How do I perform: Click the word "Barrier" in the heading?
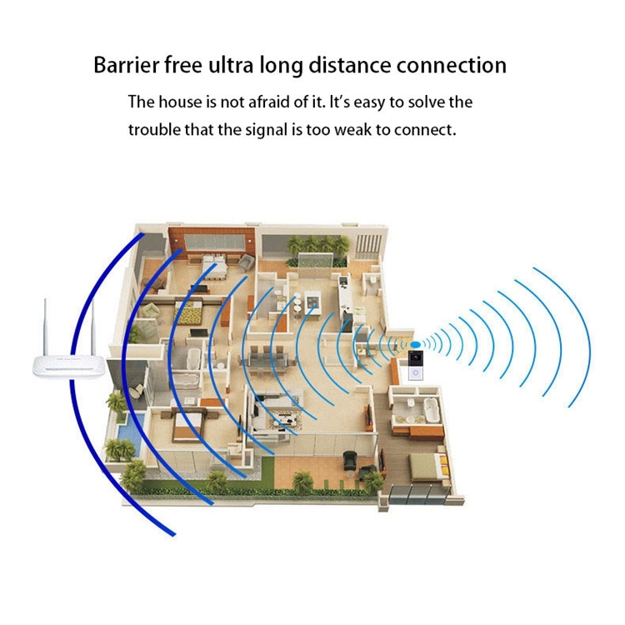[x=127, y=65]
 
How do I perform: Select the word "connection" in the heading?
[x=451, y=65]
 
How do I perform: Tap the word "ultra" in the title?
[x=231, y=65]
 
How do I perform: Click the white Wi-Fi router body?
[x=69, y=367]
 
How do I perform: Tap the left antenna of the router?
[x=46, y=327]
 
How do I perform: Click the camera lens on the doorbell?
[x=415, y=357]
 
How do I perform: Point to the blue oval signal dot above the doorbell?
[x=416, y=344]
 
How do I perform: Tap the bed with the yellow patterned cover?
[x=191, y=312]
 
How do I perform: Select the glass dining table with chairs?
[x=267, y=360]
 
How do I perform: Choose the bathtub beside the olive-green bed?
[x=431, y=411]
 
